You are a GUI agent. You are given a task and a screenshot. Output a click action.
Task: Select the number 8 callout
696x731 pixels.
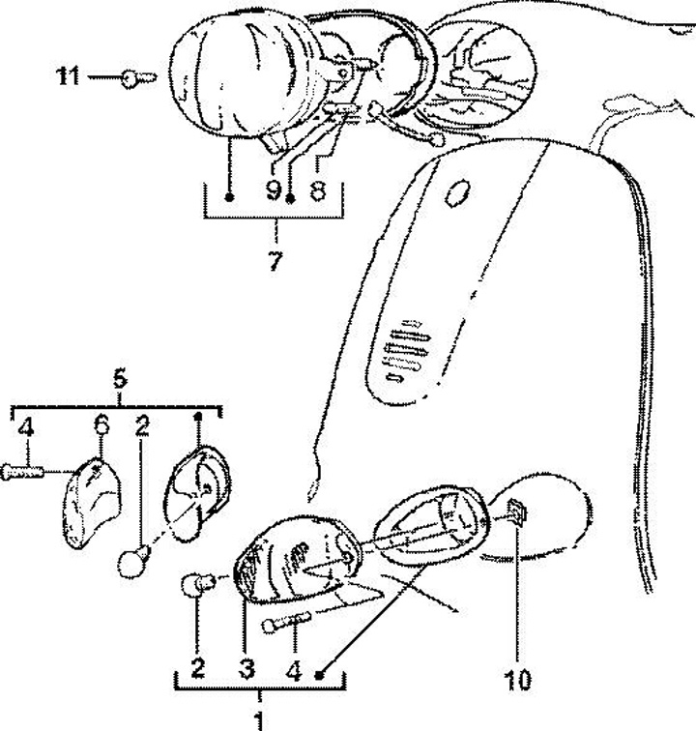tap(316, 191)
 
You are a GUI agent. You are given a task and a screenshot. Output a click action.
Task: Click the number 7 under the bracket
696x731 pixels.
tap(275, 261)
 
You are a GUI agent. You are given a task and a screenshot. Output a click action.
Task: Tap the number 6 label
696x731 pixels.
tap(101, 425)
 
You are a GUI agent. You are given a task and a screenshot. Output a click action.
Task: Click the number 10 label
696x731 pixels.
tap(518, 680)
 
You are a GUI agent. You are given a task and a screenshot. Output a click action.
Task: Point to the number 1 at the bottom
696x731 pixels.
tap(258, 720)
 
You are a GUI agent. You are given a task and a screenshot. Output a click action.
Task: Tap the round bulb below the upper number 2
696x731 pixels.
tap(133, 561)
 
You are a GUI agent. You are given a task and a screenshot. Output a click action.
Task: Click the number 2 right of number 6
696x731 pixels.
tap(142, 425)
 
